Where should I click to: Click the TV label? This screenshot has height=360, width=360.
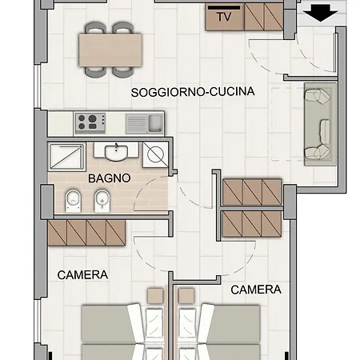click(225, 16)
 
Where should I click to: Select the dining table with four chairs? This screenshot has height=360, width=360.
click(110, 50)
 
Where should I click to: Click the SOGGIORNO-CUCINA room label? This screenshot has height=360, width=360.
click(193, 92)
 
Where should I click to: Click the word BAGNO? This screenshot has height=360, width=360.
click(110, 178)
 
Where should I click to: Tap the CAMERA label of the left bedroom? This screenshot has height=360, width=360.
click(82, 274)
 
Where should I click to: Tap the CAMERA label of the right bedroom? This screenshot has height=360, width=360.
click(256, 290)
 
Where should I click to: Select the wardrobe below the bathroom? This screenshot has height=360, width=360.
click(86, 233)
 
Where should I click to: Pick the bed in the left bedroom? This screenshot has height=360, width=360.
click(112, 332)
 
